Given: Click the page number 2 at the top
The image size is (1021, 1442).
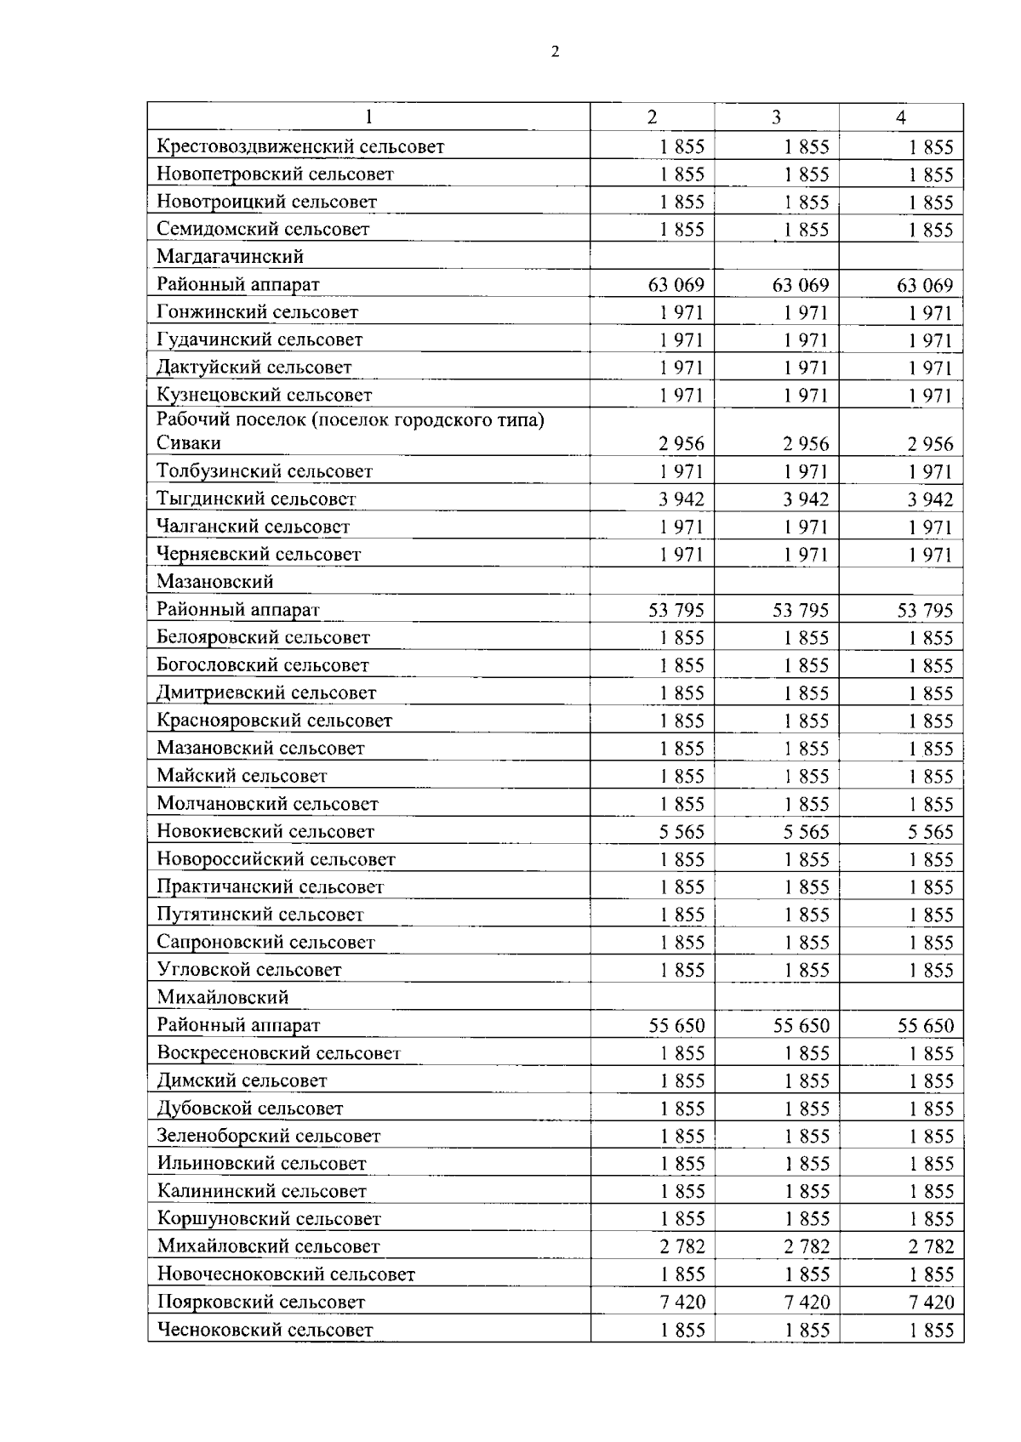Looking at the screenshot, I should click(x=556, y=52).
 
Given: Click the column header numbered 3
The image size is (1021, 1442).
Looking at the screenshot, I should click(x=776, y=117).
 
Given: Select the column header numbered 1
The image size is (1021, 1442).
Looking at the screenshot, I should click(x=368, y=117).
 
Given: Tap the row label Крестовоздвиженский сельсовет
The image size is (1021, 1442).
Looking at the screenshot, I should click(x=300, y=146).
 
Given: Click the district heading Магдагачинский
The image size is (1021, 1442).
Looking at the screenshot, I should click(x=230, y=256).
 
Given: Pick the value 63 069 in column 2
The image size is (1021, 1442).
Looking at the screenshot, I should click(x=676, y=285).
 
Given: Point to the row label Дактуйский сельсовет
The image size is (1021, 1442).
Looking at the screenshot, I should click(x=254, y=368).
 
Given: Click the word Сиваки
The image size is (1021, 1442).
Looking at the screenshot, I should click(x=189, y=443).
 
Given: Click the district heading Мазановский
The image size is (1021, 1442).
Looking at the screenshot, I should click(x=215, y=582).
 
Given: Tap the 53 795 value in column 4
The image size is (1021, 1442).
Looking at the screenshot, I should click(x=925, y=610).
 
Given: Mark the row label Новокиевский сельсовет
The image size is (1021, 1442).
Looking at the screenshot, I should click(x=265, y=831).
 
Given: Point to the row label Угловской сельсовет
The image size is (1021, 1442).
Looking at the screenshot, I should click(x=249, y=970).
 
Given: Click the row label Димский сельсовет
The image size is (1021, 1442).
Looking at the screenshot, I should click(x=242, y=1080).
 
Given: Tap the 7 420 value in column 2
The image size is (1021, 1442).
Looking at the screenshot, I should click(x=682, y=1302).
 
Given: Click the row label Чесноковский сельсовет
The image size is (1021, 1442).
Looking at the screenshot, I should click(x=265, y=1330).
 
